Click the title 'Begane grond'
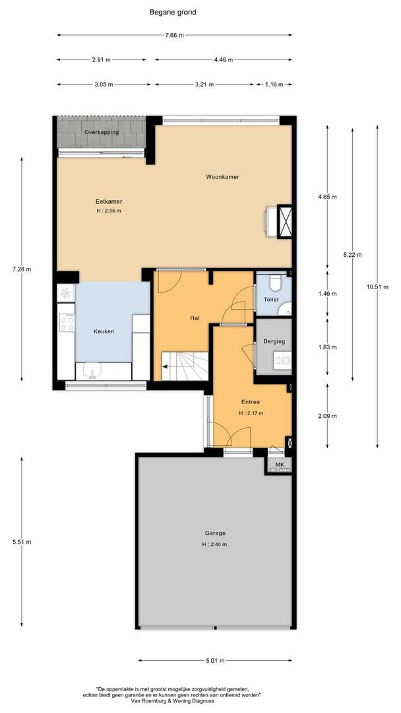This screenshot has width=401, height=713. coord(173,13)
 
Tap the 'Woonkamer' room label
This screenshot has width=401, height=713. coord(222,177)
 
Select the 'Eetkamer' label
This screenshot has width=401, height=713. coord(109,201)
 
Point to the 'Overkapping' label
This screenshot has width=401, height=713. coord(102,132)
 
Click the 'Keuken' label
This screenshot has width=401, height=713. coord(104,331)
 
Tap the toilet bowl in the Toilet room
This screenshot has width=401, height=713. coord(274,283)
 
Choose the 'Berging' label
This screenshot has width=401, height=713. coord(274,341)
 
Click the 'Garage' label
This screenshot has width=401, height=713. coord(215,533)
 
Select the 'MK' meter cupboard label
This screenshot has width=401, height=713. coord(280,464)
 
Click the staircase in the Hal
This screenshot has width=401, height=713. coord(185,366)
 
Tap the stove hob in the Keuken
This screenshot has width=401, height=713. coord(68,322)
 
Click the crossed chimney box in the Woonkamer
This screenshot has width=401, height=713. coord(285,222)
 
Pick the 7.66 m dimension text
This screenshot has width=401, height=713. coord(175,35)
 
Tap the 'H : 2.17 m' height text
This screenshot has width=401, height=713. coord(251,414)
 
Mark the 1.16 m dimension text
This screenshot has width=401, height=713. coord(273,84)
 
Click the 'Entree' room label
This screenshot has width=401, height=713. coord(250,402)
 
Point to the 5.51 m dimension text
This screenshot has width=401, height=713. coord(21,542)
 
